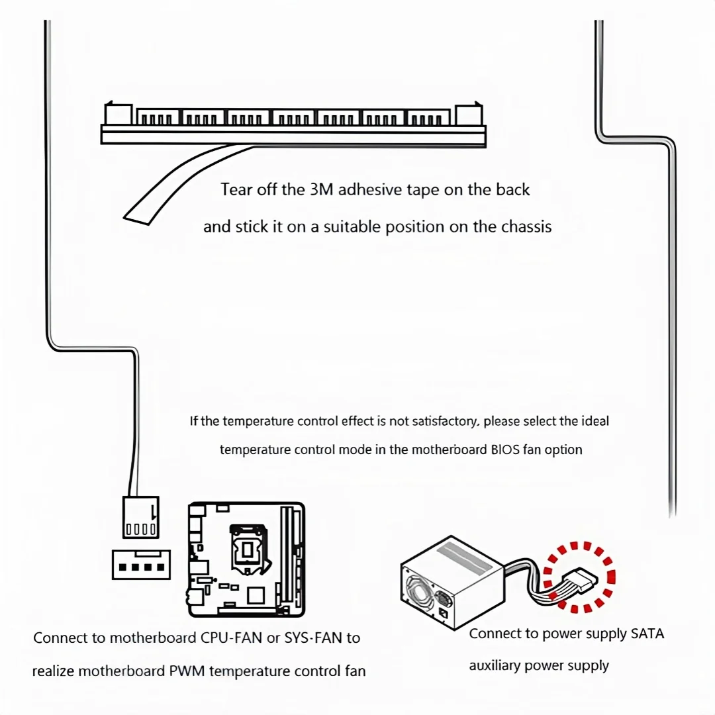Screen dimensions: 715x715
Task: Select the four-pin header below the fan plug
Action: tap(141, 565)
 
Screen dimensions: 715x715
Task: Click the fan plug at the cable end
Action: tap(140, 516)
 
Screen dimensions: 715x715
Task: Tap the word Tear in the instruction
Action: tap(235, 190)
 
